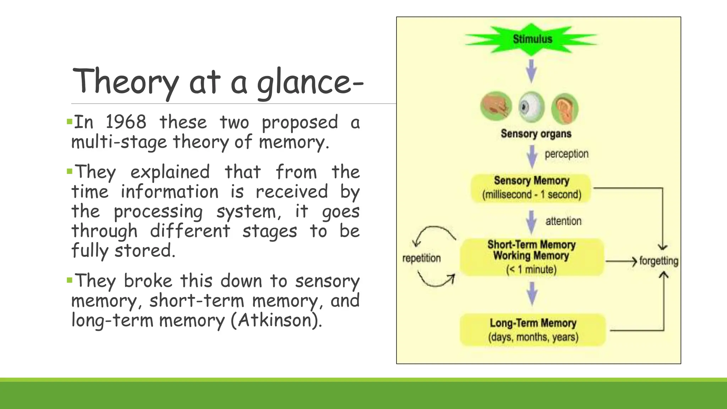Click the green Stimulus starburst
coord(531,39)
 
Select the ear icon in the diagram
coord(564,108)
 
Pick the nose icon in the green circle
coord(496,107)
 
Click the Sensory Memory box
coord(531,188)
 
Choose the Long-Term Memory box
coord(533,330)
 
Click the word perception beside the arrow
coord(567,154)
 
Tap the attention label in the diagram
coord(563,221)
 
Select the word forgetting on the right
coord(658,261)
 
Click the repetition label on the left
coord(421,258)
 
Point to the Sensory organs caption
coord(536,134)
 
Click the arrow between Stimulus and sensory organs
coord(531,71)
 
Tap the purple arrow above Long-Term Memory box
coord(532,294)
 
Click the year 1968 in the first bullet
coord(126,122)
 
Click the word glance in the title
coord(299,82)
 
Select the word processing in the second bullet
coord(158,212)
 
